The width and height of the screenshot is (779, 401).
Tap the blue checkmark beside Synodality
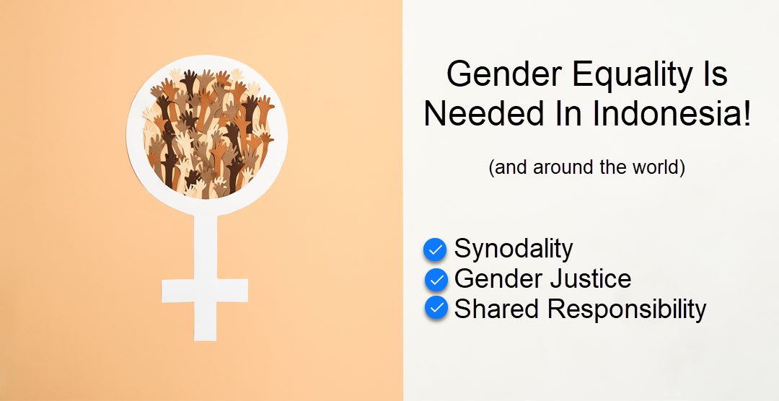point(435,250)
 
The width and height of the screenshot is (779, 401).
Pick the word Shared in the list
point(496,309)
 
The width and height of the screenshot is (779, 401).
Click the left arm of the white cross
point(177,291)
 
